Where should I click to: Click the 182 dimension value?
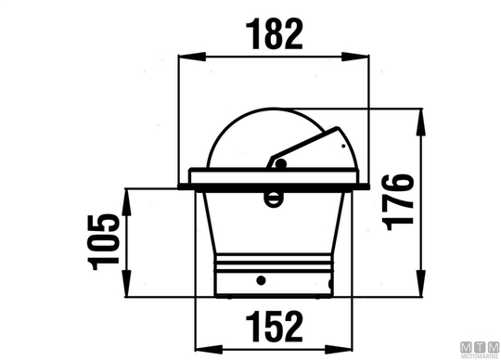(x=274, y=34)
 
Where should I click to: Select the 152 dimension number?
(x=274, y=327)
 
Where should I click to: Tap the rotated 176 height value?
(x=400, y=202)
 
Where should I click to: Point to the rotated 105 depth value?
(x=104, y=242)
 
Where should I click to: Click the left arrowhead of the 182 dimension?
(x=192, y=57)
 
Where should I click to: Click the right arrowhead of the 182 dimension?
(x=355, y=57)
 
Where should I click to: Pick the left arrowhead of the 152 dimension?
(x=209, y=349)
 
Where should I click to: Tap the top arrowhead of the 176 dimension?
(x=422, y=122)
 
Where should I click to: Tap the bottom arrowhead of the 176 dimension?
(x=422, y=284)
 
